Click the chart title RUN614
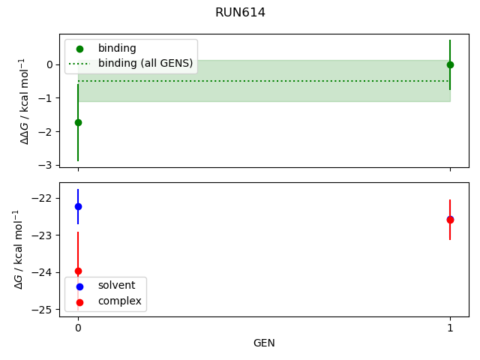point(240,13)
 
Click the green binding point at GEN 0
point(78,122)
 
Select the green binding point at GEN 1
point(450,64)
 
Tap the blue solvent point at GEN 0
point(78,206)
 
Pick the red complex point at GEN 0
point(78,271)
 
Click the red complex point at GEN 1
point(450,220)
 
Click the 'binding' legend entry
point(117,49)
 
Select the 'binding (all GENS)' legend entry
point(145,62)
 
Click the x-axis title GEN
point(264,343)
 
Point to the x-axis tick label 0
point(78,328)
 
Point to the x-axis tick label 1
point(450,328)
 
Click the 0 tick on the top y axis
point(49,64)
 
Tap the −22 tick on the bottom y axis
point(43,198)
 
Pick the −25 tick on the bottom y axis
point(43,309)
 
